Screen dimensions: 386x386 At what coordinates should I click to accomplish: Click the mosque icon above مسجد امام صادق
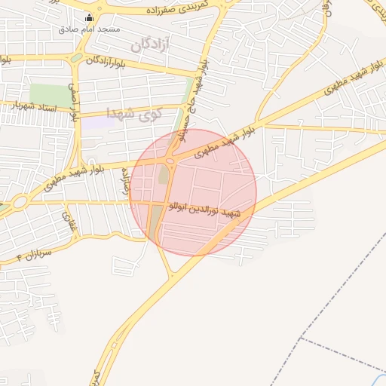pyautogui.click(x=90, y=17)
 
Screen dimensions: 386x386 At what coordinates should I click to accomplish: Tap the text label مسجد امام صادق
pyautogui.click(x=90, y=29)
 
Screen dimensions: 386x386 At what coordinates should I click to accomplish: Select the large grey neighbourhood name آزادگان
pyautogui.click(x=152, y=44)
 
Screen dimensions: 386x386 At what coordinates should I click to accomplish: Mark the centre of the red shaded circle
pyautogui.click(x=193, y=192)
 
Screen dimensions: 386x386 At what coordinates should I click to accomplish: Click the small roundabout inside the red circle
pyautogui.click(x=170, y=160)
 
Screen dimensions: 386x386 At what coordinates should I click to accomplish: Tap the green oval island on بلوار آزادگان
pyautogui.click(x=77, y=59)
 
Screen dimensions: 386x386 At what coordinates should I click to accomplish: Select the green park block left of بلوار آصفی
pyautogui.click(x=49, y=95)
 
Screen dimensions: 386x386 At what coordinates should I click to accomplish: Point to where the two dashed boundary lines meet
pyautogui.click(x=302, y=339)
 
